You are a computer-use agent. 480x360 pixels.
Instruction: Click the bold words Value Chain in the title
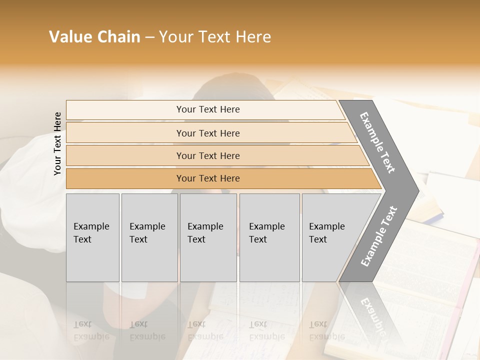(94, 37)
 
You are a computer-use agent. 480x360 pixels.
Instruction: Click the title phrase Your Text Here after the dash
(215, 37)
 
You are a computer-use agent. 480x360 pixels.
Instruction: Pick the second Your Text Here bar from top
(208, 133)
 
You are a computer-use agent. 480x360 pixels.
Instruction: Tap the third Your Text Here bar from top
(208, 155)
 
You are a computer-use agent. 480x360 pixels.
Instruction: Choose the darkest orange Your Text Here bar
(208, 178)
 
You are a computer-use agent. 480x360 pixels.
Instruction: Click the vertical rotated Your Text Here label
(57, 143)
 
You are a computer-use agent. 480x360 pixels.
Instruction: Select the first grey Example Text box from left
(92, 237)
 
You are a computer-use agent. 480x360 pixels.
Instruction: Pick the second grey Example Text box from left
(149, 237)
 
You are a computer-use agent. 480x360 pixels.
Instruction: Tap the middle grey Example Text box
(208, 237)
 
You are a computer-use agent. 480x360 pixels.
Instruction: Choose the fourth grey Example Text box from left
(269, 237)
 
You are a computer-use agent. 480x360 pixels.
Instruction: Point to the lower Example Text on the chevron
(378, 236)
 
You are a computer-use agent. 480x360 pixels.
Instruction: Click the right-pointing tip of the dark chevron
(416, 190)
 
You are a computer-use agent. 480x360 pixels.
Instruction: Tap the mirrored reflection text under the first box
(91, 330)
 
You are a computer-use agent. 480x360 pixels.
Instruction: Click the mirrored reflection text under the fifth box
(326, 330)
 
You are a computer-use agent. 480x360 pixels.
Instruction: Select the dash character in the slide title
(149, 37)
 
